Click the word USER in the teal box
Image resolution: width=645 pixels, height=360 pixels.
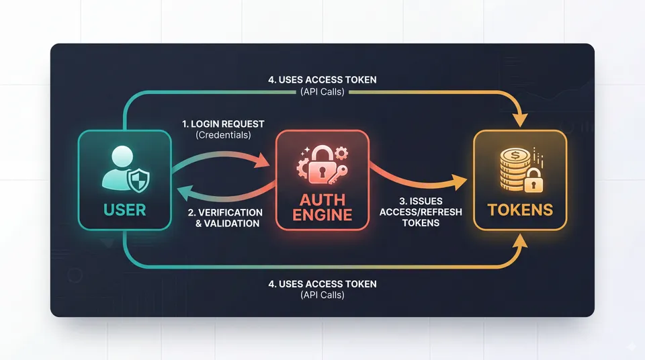[125, 210]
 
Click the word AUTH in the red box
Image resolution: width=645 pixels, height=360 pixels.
[322, 199]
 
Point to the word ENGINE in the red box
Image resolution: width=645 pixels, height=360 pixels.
[322, 215]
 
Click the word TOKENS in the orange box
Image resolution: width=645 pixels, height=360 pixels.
[520, 210]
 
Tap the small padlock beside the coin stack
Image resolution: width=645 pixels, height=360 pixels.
[532, 180]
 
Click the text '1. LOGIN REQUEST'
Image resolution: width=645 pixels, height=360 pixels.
[223, 124]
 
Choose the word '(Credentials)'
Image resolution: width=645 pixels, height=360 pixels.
[223, 136]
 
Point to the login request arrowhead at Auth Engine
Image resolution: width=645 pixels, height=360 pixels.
[263, 163]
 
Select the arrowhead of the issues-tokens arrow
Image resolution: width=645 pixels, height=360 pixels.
[461, 181]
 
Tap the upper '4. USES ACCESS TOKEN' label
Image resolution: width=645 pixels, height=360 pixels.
[322, 80]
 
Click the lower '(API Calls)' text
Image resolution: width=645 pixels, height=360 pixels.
[322, 296]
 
